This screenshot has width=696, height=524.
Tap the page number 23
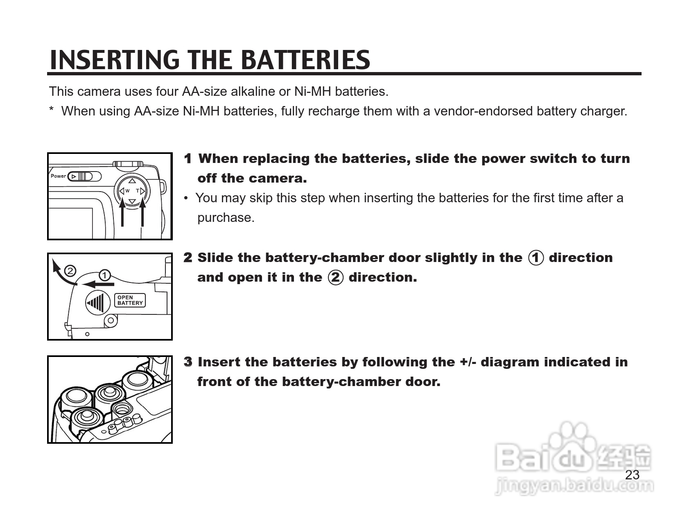pyautogui.click(x=632, y=475)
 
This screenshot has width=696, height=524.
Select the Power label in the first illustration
pyautogui.click(x=58, y=176)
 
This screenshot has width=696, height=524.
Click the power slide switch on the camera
pyautogui.click(x=84, y=176)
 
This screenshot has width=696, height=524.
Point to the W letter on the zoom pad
pyautogui.click(x=127, y=191)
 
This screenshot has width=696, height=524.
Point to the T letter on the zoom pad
pyautogui.click(x=138, y=191)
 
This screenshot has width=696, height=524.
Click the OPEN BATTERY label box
pyautogui.click(x=130, y=300)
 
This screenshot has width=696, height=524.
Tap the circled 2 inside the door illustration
pyautogui.click(x=70, y=271)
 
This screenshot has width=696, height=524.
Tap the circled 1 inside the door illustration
pyautogui.click(x=105, y=276)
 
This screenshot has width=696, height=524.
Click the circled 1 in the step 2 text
pyautogui.click(x=536, y=258)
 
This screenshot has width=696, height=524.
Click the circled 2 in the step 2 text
pyautogui.click(x=335, y=278)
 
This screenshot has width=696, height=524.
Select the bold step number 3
pyautogui.click(x=188, y=362)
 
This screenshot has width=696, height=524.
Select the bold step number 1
pyautogui.click(x=188, y=159)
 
